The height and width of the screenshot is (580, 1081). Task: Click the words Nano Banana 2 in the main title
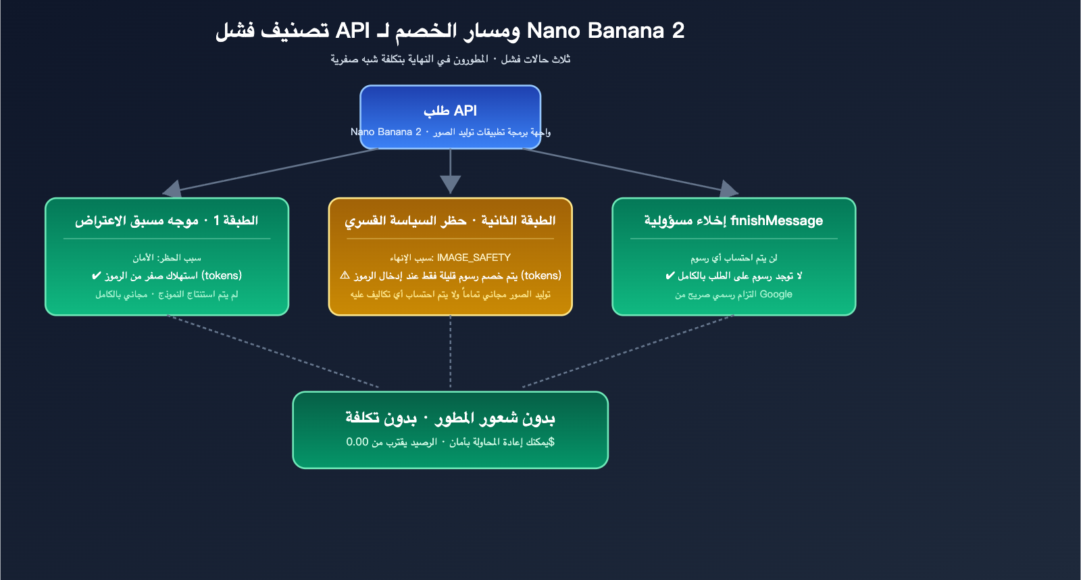(605, 30)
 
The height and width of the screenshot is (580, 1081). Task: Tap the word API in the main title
(353, 30)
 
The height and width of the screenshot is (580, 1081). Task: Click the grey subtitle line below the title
(450, 59)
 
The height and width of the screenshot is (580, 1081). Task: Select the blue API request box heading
(450, 110)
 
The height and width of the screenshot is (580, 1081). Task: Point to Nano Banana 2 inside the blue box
(386, 132)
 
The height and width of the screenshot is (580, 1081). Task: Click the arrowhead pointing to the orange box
(450, 184)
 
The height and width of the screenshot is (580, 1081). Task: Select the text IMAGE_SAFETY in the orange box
(474, 258)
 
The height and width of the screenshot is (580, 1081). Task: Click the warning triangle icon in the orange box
(345, 275)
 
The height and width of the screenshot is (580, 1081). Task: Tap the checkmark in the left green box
(96, 276)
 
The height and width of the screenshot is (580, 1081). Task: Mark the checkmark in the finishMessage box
(670, 276)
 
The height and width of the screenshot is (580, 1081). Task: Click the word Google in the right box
(776, 294)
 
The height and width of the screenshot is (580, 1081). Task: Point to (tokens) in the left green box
(222, 276)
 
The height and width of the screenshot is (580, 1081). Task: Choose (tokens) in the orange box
(541, 276)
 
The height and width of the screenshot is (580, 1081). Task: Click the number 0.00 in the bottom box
(357, 442)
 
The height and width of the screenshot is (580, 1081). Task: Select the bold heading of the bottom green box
(450, 418)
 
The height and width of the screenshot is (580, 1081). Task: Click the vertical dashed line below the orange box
(450, 352)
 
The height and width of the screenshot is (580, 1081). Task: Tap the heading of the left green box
(166, 220)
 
